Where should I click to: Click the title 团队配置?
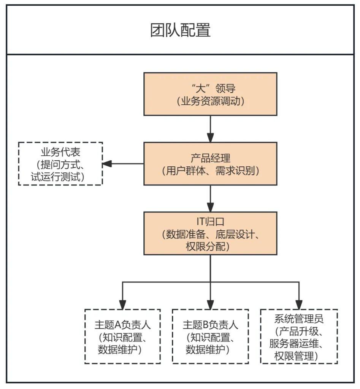coord(180,30)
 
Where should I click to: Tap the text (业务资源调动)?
coord(210,101)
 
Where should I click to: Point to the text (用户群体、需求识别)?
coord(210,171)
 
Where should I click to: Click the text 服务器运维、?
coord(299,344)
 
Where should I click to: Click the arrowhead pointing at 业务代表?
coord(107,164)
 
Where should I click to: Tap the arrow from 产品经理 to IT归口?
coord(210,198)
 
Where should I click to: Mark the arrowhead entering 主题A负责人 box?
coord(122,305)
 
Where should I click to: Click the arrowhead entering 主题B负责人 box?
coord(210,305)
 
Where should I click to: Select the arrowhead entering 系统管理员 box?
coord(299,305)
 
